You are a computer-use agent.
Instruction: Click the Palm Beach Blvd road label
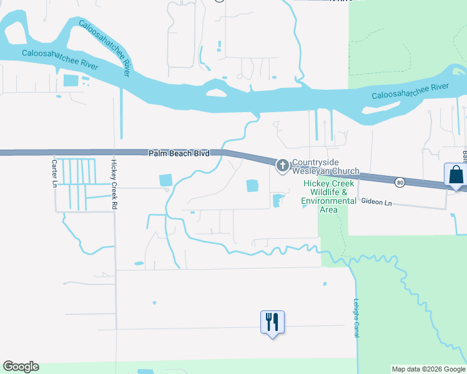pyautogui.click(x=179, y=153)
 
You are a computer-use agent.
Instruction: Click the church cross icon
pyautogui.click(x=282, y=165)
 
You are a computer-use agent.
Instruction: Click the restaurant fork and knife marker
pyautogui.click(x=272, y=322)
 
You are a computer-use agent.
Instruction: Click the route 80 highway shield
pyautogui.click(x=400, y=182)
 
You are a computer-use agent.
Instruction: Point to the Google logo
pyautogui.click(x=21, y=367)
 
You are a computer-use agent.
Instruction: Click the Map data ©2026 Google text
pyautogui.click(x=428, y=369)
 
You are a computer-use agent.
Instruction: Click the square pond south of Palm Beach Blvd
pyautogui.click(x=252, y=186)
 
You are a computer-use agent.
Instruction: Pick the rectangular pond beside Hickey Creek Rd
pyautogui.click(x=165, y=180)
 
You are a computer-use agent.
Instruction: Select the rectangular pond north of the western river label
pyautogui.click(x=71, y=80)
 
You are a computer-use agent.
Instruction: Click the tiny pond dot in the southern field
pyautogui.click(x=154, y=304)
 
